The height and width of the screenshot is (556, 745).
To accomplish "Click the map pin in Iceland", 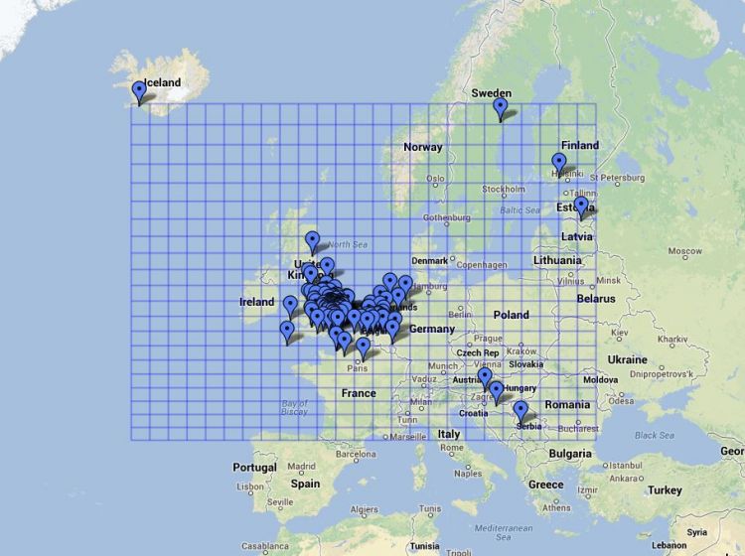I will tap(139, 92).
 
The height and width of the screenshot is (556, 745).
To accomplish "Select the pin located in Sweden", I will tap(501, 108).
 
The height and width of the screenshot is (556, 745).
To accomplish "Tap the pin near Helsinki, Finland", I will tap(559, 164).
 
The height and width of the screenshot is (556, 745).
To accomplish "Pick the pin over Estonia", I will tap(581, 207).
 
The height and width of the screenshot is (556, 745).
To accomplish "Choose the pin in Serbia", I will tap(521, 411).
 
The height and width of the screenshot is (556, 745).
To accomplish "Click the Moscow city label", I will tap(685, 251).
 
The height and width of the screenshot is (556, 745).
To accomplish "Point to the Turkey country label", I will tap(665, 490).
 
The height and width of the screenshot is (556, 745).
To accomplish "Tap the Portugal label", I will tap(255, 467).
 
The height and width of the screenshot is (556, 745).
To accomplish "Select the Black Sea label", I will tap(654, 435).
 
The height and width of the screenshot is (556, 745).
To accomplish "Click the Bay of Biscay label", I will tap(294, 408).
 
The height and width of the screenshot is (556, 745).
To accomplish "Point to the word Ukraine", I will tap(627, 359).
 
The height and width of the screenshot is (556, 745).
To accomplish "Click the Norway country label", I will tap(423, 147).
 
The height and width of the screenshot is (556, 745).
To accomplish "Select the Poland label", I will tap(512, 315).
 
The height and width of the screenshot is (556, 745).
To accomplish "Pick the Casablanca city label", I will tap(264, 546).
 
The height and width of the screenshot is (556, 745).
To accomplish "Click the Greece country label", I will tap(545, 485).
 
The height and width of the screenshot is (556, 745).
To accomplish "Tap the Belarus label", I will tap(596, 298).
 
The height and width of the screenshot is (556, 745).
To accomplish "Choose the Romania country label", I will tap(567, 405).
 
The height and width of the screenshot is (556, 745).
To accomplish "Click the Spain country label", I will tap(305, 484).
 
